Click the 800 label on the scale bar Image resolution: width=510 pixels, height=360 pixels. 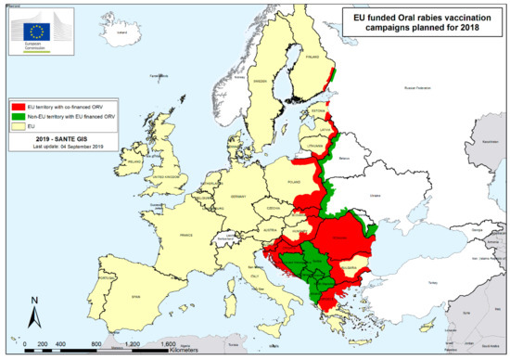(x=96, y=342)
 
